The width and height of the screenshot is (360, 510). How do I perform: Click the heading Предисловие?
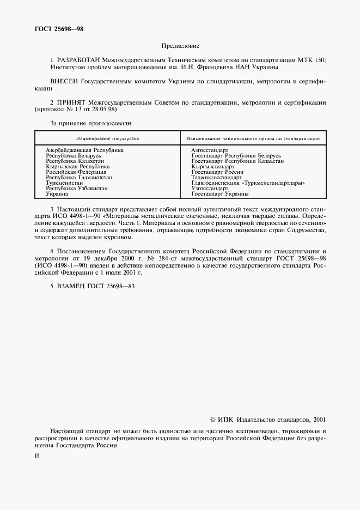pyautogui.click(x=180, y=47)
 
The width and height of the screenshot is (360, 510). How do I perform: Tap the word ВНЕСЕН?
pyautogui.click(x=64, y=81)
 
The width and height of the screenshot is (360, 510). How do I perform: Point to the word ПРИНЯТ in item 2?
pyautogui.click(x=71, y=101)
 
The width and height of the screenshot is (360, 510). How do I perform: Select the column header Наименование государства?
pyautogui.click(x=107, y=138)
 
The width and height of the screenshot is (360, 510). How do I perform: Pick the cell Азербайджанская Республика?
pyautogui.click(x=84, y=150)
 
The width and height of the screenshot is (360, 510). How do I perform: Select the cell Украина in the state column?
pyautogui.click(x=57, y=194)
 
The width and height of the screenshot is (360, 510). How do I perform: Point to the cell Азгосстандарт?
pyautogui.click(x=210, y=150)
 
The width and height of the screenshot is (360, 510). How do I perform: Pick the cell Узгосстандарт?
pyautogui.click(x=210, y=189)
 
